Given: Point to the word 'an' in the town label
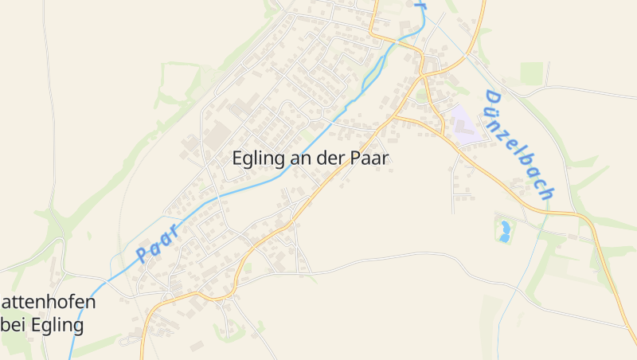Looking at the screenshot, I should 299,158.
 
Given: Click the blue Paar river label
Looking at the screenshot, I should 156,243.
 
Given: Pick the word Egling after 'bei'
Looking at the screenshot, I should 56,326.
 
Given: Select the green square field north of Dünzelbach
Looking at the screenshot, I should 531,72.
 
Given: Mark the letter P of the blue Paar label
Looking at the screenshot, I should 143,254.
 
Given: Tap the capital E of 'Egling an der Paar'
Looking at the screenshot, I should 237,158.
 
